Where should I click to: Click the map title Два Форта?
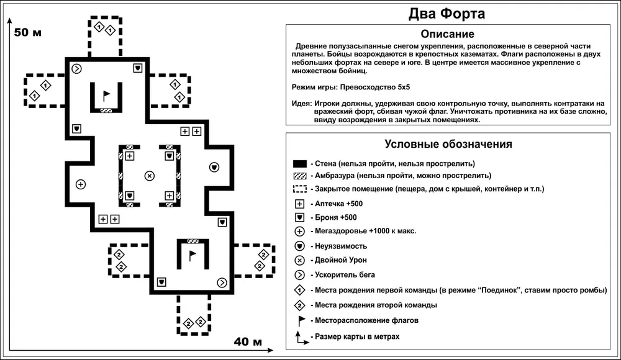(x=446, y=13)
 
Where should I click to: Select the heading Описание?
(x=447, y=34)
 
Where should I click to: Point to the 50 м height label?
(x=28, y=33)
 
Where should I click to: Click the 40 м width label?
(x=248, y=342)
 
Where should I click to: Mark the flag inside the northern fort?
(x=106, y=95)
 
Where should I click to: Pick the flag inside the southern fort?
(x=192, y=254)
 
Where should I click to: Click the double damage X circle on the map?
(x=149, y=176)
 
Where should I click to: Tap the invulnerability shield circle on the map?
(x=214, y=167)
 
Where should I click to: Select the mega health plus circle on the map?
(x=80, y=184)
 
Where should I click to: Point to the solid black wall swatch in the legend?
(x=300, y=164)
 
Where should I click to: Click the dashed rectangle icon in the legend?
(x=300, y=189)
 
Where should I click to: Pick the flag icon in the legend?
(x=301, y=320)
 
